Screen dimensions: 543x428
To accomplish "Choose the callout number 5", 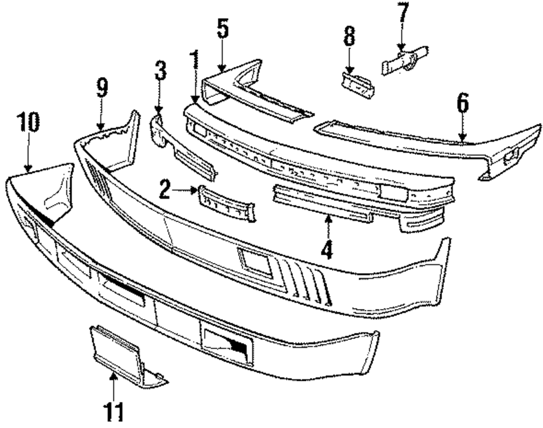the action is click(223, 31).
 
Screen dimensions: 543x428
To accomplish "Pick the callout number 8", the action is click(349, 38).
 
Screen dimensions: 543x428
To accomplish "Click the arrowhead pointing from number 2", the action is click(195, 190).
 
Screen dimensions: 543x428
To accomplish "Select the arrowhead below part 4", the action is click(327, 219).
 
